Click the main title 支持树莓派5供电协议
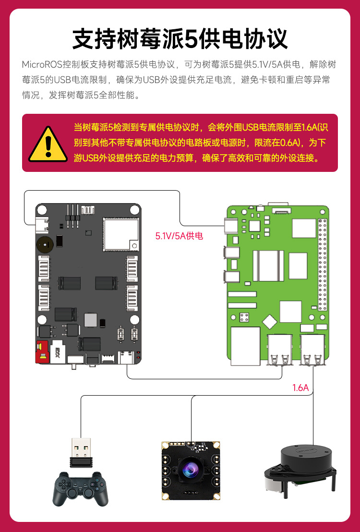coord(180,38)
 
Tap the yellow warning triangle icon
coord(47,144)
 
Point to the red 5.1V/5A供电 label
coord(179,236)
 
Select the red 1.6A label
coord(300,388)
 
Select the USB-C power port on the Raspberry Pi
coord(230,225)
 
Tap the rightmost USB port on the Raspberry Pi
coord(313,349)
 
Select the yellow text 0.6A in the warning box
coord(288,143)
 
